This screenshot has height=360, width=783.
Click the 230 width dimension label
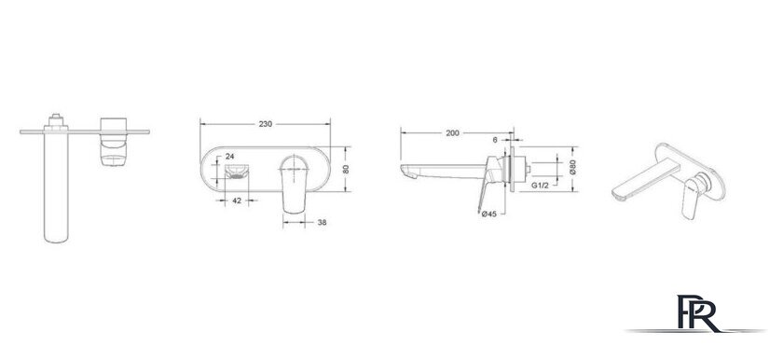click(265, 124)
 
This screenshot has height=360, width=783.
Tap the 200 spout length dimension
click(452, 132)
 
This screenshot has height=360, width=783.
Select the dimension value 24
click(229, 157)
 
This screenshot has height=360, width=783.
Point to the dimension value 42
click(237, 201)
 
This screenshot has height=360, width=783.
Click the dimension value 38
click(323, 222)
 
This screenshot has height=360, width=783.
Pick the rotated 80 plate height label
click(346, 169)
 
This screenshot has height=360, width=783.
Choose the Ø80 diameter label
click(572, 167)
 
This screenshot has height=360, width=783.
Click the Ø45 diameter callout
click(488, 215)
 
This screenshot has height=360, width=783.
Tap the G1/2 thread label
click(541, 186)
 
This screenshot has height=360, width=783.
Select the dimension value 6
click(495, 140)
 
